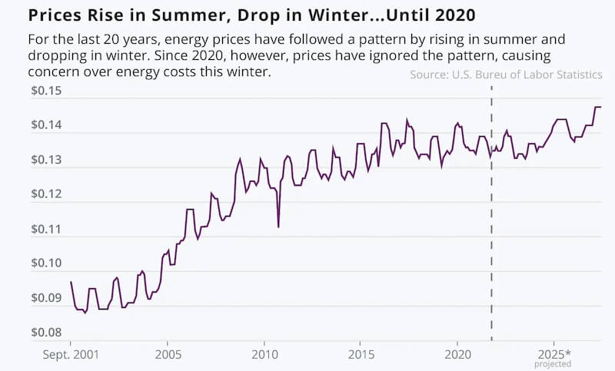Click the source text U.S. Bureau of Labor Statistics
[506, 75]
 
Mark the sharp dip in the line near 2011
[278, 226]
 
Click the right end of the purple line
[601, 107]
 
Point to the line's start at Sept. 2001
[71, 282]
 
